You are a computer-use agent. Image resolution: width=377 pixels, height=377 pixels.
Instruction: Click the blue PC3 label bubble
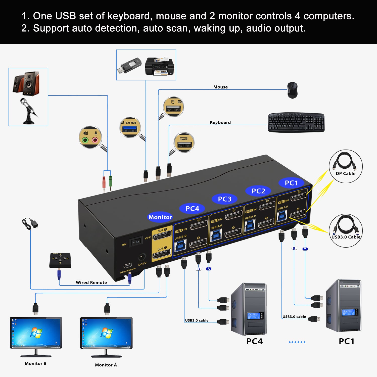point(224,199)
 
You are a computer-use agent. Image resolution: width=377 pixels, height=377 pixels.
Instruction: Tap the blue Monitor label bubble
point(160,217)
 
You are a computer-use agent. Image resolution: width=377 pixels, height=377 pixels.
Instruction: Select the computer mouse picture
point(292,90)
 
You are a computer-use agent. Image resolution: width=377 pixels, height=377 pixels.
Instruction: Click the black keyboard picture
point(296,122)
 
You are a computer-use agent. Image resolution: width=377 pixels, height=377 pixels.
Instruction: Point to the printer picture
point(159,66)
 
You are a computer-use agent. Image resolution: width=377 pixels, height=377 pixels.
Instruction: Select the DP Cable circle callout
point(346,166)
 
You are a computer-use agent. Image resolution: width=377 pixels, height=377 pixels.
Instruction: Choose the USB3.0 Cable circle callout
point(346,230)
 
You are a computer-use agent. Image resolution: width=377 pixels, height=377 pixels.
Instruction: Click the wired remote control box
point(60,260)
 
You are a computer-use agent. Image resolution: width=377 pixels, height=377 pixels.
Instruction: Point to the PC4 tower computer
point(249,309)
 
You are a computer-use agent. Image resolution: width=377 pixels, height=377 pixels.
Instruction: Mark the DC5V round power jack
point(142,257)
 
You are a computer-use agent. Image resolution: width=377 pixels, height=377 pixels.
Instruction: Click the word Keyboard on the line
point(220,122)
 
